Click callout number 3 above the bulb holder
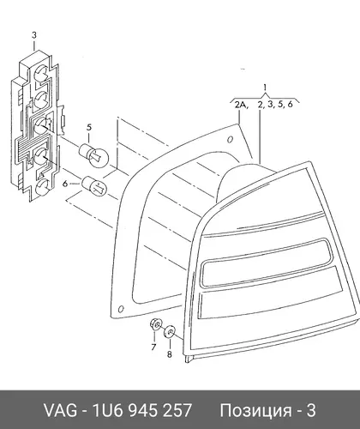coord(34,35)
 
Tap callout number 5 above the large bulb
coord(89,127)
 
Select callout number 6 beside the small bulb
coord(65,184)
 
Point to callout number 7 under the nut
coord(153,347)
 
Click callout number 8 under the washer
coord(170,354)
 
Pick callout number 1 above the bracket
coord(265,88)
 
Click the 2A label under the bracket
coord(242,105)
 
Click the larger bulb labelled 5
coord(93,154)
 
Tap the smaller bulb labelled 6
coord(94,185)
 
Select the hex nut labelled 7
coord(155,324)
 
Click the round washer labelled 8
coord(170,332)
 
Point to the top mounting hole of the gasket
coord(230,140)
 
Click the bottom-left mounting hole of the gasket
coord(121,309)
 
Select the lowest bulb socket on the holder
coord(42,187)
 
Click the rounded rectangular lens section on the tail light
coord(264,263)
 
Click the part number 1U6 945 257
coord(142,410)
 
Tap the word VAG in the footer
coord(60,410)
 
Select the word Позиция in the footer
coord(255,411)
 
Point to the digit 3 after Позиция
coord(311,410)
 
